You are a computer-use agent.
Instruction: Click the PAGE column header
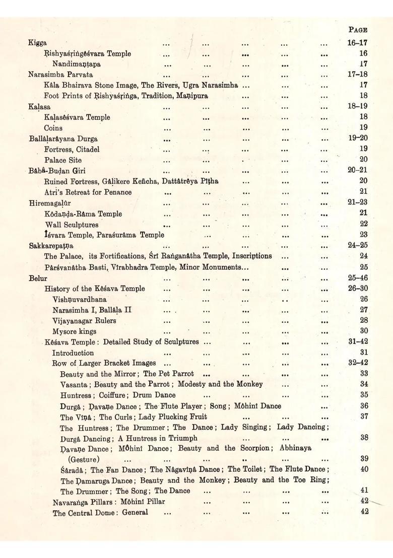click(x=358, y=30)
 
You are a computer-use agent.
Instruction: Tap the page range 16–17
click(x=357, y=43)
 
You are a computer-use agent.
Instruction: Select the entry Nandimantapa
click(x=76, y=64)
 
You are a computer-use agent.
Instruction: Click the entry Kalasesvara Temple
click(x=77, y=117)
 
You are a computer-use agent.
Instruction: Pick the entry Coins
click(x=53, y=128)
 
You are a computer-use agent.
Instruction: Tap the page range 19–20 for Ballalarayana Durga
click(x=357, y=138)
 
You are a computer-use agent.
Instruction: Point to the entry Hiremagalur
click(x=49, y=203)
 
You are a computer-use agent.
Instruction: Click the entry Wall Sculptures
click(x=72, y=225)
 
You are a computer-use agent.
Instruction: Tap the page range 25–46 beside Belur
click(x=357, y=278)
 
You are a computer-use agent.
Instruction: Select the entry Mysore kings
click(x=74, y=331)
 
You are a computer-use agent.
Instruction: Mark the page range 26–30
click(x=357, y=289)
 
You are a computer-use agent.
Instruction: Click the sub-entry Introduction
click(x=73, y=353)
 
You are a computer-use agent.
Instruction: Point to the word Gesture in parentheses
click(x=84, y=459)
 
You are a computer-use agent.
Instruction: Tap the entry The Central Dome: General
click(x=100, y=513)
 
